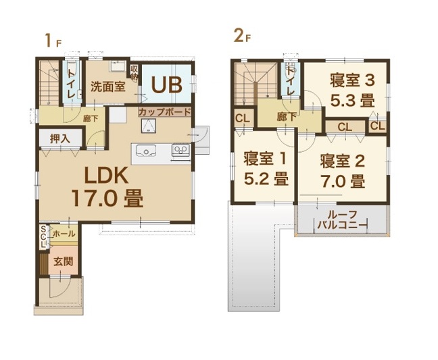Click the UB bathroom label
coord(166,84)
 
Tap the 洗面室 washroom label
coord(107,87)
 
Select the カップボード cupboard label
coord(164,112)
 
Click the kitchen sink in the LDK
coord(146,151)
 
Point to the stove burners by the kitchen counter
coord(180,150)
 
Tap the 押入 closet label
coord(60,138)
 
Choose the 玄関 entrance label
coord(64,261)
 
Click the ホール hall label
coord(64,234)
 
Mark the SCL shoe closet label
coord(43,236)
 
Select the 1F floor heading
coord(53,41)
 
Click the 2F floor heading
coord(242,36)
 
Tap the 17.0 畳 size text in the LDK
coord(107,198)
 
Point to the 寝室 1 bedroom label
coord(265,159)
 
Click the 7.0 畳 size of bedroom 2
coord(343,182)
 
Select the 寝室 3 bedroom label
coord(352,80)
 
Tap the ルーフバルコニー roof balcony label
coord(343,220)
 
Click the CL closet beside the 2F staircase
coord(242,119)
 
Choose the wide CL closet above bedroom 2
coord(345,127)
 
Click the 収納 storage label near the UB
coord(134,72)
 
